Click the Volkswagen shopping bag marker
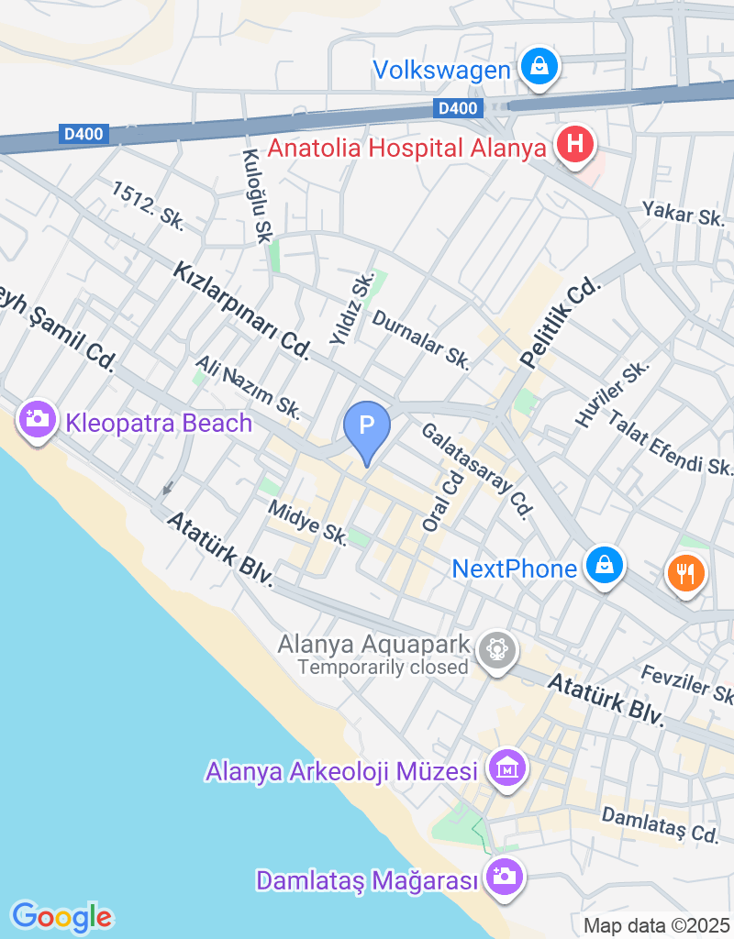point(539,67)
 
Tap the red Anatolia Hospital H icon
point(575,144)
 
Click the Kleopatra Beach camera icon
point(38,420)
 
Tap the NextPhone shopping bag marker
point(605,566)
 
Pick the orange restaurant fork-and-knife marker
point(685,574)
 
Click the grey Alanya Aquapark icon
point(496,650)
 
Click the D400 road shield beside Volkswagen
point(457,109)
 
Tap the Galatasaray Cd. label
point(477,471)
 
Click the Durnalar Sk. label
point(421,339)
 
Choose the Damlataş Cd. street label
point(660,824)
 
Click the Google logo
point(62,916)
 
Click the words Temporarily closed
point(383,667)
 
